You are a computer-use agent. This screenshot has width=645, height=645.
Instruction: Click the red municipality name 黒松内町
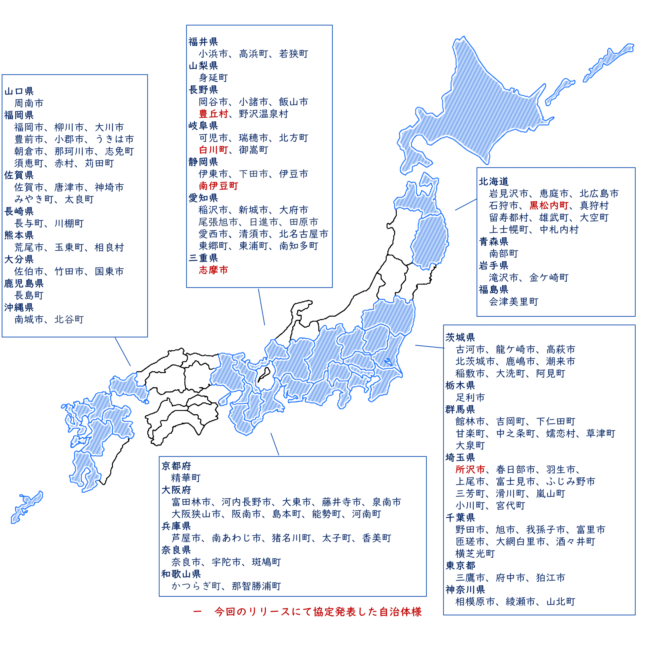click(x=549, y=205)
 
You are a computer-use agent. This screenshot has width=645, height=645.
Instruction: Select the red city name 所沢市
click(x=470, y=469)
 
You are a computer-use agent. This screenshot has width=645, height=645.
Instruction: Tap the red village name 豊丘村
click(x=213, y=114)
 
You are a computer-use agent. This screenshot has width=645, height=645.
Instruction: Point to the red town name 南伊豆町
click(x=218, y=186)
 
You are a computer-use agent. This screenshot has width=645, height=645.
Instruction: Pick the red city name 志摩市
click(x=213, y=270)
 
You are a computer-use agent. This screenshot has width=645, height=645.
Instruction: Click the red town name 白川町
click(x=213, y=150)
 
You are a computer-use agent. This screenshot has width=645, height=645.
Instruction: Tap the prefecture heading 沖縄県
click(x=19, y=307)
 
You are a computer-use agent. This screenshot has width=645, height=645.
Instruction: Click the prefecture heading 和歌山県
click(x=181, y=574)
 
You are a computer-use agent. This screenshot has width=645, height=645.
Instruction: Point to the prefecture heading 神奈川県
click(x=465, y=590)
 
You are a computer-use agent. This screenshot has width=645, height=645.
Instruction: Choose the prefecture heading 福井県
click(x=203, y=42)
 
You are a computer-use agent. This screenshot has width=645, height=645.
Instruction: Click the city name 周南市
click(x=29, y=103)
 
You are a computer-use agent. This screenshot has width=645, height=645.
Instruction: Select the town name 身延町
click(x=213, y=78)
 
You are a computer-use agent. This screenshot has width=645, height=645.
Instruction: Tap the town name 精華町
click(x=186, y=478)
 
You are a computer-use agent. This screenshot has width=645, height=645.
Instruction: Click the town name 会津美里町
click(x=513, y=302)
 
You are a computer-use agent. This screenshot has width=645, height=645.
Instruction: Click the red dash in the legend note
click(x=197, y=611)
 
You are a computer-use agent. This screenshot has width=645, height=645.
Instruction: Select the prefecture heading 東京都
click(x=460, y=566)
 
